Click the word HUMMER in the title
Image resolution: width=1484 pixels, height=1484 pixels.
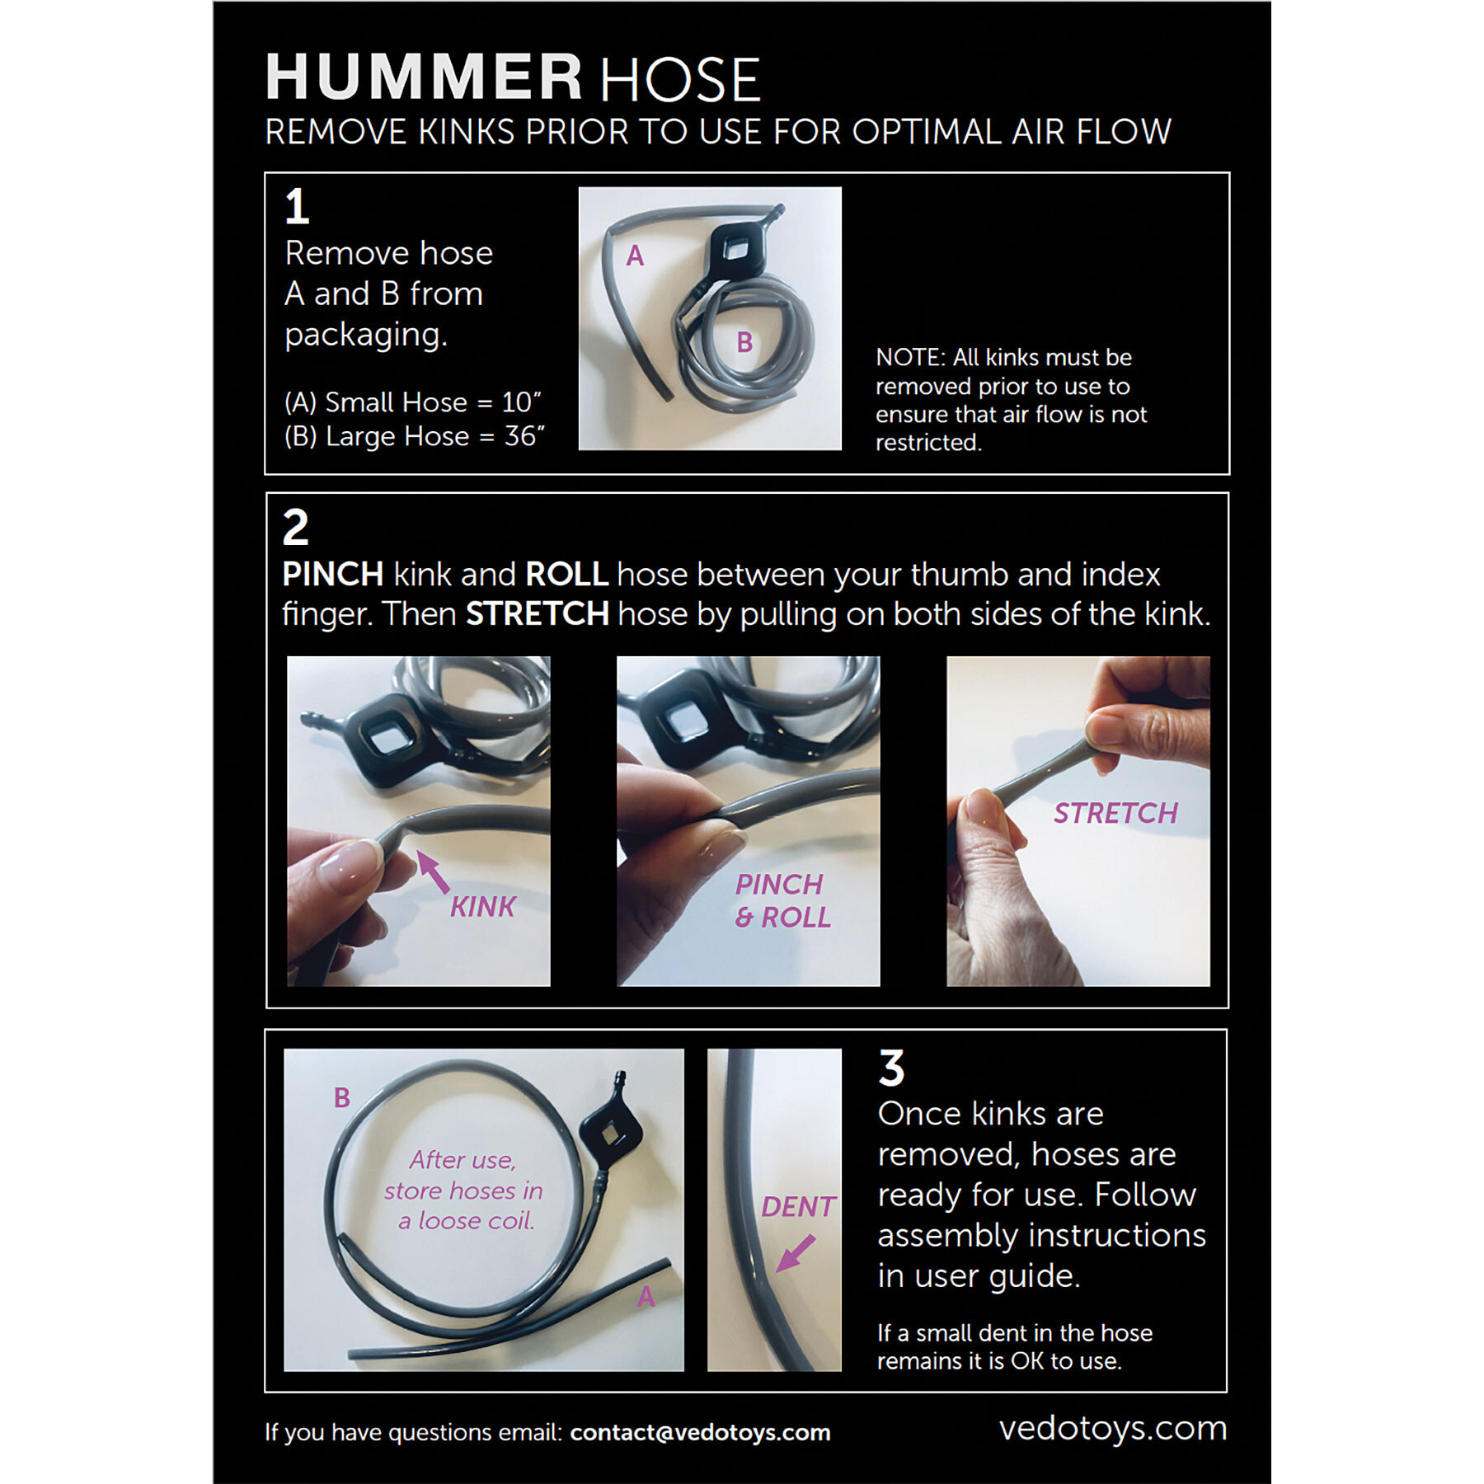[x=424, y=77]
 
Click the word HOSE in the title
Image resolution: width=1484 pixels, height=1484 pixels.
[x=680, y=80]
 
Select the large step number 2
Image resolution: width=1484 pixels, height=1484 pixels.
[x=296, y=527]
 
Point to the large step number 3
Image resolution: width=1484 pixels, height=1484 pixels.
[x=891, y=1068]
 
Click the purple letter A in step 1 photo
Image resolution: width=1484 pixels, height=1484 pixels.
[x=635, y=256]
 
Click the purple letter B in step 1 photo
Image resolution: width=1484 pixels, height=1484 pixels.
[x=744, y=342]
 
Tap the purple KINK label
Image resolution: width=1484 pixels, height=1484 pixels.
[x=482, y=907]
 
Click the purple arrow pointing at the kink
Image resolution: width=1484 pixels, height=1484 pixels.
[x=434, y=872]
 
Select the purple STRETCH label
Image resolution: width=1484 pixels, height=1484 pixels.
[x=1115, y=814]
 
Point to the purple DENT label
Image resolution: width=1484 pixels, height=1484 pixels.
[x=798, y=1207]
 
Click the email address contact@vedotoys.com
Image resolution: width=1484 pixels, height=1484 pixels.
[x=700, y=1432]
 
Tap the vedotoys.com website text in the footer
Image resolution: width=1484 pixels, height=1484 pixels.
[x=1113, y=1428]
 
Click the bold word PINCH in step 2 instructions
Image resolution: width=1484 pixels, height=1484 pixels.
[x=333, y=574]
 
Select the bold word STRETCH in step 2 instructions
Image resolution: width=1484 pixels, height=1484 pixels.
[x=538, y=614]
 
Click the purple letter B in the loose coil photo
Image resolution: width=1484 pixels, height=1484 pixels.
[x=342, y=1097]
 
